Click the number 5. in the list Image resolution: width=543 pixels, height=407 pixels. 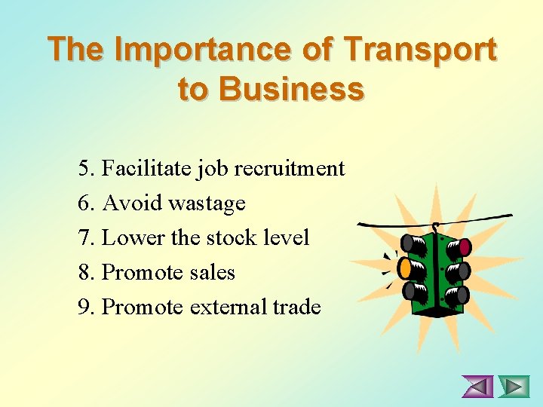(x=87, y=168)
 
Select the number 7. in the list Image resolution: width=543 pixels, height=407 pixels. (x=87, y=238)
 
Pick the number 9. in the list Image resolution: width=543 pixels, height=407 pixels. (x=87, y=308)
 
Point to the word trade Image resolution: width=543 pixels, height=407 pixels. (x=297, y=308)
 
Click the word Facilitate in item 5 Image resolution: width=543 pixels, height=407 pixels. (x=146, y=168)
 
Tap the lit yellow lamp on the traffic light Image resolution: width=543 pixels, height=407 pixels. (x=406, y=267)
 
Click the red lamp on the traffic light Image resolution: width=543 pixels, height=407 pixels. (x=465, y=246)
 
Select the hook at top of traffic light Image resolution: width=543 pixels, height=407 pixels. (x=435, y=227)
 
